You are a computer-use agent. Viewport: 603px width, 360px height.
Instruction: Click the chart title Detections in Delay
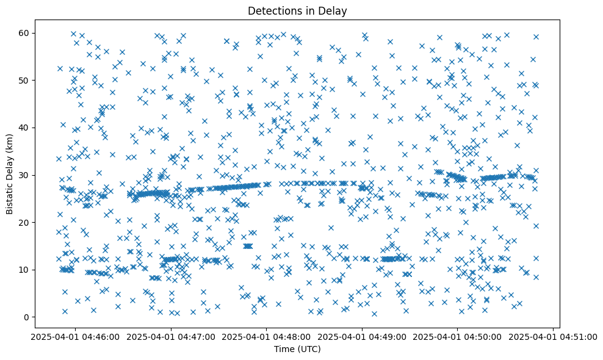click(x=297, y=10)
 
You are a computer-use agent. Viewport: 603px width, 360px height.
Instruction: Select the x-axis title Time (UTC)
click(x=297, y=349)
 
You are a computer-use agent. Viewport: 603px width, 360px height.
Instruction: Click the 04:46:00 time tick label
click(x=75, y=336)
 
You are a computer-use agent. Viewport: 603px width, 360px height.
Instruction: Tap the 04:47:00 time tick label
click(x=171, y=336)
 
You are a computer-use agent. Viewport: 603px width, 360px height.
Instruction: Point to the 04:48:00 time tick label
click(x=267, y=336)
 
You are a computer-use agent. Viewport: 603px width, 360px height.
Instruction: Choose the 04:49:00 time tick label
click(x=362, y=336)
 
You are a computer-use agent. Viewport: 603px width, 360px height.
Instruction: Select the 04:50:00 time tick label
click(x=458, y=336)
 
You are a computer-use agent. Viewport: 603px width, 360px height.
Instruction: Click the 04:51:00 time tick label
click(x=554, y=336)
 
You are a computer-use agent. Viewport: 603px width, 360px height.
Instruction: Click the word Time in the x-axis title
click(x=283, y=349)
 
